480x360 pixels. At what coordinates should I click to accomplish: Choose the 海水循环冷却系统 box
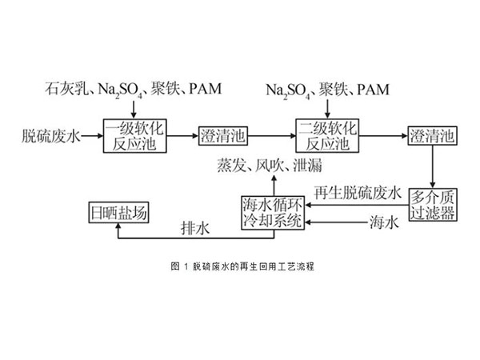pyautogui.click(x=274, y=211)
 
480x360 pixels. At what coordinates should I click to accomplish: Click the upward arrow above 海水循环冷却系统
pyautogui.click(x=272, y=183)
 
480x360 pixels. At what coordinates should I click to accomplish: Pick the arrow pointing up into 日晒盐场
pyautogui.click(x=118, y=230)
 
